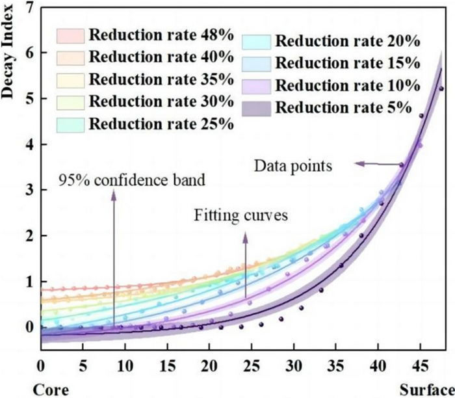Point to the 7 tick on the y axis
click(29, 8)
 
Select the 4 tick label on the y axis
click(29, 144)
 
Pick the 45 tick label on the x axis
click(420, 365)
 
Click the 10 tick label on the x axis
click(125, 365)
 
